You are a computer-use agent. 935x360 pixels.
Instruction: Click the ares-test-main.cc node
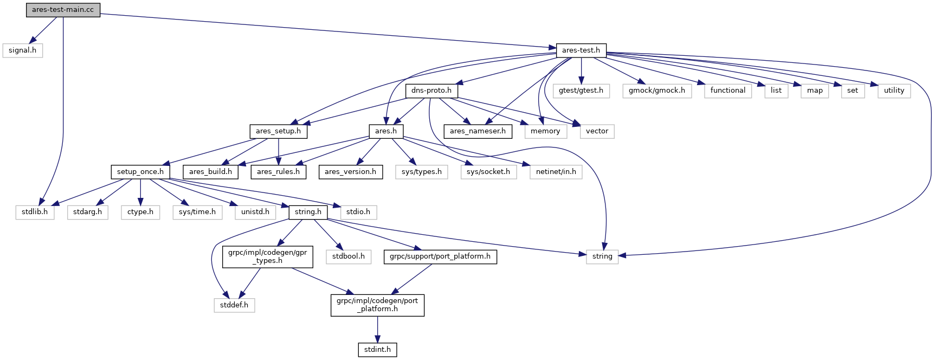[x=63, y=10]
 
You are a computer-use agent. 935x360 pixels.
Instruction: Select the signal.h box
[x=22, y=50]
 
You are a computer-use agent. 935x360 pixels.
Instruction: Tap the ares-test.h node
[x=581, y=50]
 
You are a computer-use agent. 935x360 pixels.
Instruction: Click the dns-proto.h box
[x=431, y=91]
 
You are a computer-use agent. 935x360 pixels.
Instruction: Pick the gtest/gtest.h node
[x=581, y=91]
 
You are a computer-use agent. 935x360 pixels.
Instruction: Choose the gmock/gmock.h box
[x=656, y=91]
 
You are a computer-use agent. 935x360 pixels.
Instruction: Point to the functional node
[x=727, y=91]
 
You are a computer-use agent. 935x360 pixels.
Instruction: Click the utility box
[x=894, y=91]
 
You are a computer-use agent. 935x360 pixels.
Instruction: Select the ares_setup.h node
[x=278, y=131]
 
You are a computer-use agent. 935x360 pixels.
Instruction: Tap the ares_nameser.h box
[x=478, y=131]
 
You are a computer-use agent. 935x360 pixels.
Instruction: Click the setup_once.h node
[x=140, y=172]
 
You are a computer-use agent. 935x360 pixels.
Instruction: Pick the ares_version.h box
[x=350, y=172]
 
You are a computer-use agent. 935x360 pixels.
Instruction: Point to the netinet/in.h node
[x=556, y=172]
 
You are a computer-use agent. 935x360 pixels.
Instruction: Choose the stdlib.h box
[x=35, y=212]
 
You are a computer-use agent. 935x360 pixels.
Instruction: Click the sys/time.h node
[x=197, y=212]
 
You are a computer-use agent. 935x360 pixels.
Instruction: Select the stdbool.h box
[x=348, y=256]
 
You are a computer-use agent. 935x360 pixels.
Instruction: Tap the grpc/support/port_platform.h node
[x=440, y=256]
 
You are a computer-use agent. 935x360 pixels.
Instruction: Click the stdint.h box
[x=377, y=350]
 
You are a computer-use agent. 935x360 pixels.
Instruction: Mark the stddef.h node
[x=234, y=305]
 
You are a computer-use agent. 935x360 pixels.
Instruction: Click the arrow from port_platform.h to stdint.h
[x=377, y=330]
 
